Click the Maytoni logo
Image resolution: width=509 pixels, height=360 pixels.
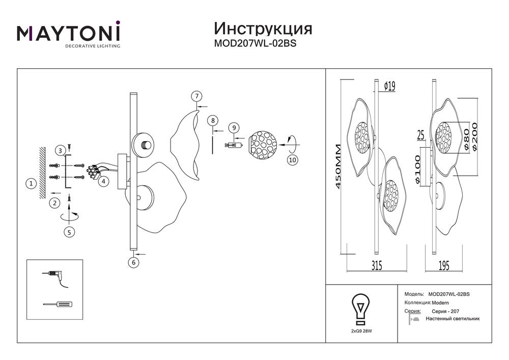69,34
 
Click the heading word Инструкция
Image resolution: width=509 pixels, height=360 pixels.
263,28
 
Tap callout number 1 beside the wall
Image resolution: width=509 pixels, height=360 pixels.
32,184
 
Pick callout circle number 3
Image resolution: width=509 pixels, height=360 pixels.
61,150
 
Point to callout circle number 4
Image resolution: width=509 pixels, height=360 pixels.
103,181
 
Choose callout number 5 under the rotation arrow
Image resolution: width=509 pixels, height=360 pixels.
70,232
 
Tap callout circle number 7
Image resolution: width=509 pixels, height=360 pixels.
196,96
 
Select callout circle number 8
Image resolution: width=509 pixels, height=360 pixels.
213,121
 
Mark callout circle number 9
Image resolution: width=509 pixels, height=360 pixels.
233,127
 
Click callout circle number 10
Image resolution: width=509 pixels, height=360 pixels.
292,160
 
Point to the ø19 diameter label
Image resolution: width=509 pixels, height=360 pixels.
389,86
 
